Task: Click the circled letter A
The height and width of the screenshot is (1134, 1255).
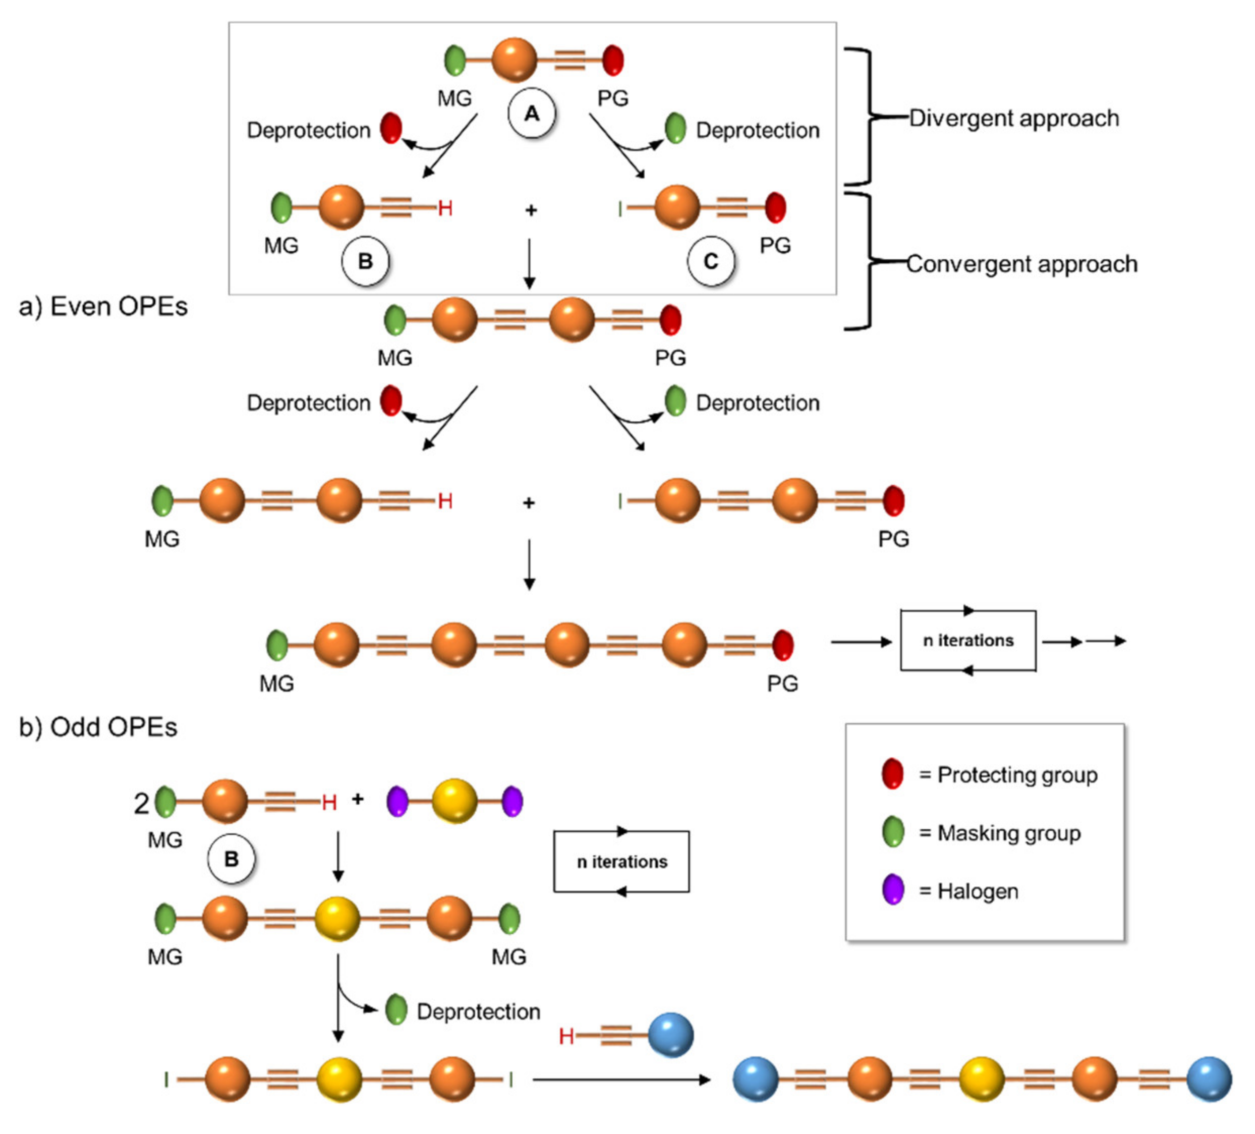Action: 531,114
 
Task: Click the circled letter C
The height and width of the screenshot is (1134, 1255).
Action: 710,261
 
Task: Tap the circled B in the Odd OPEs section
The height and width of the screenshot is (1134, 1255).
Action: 231,859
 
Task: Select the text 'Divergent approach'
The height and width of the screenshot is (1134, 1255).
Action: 1013,118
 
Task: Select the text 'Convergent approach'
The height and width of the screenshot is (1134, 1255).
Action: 1021,264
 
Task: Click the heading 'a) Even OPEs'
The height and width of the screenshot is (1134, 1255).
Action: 103,306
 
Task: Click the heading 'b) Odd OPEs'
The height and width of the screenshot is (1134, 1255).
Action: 98,727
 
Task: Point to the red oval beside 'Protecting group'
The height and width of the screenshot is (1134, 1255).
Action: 892,774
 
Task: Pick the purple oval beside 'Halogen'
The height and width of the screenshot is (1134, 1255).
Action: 892,889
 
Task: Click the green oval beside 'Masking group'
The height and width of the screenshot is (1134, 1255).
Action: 892,831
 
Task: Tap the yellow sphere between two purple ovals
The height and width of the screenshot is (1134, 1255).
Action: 454,801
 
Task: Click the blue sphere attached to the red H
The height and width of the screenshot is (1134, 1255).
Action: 670,1035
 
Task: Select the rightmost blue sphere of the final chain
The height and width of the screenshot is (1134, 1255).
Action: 1208,1079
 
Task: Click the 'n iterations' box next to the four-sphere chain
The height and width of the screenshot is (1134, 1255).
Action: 967,641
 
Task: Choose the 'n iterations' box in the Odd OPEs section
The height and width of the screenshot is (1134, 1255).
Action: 621,862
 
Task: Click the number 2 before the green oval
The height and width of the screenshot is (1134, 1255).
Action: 141,804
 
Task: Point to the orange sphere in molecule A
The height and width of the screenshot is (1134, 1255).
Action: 514,60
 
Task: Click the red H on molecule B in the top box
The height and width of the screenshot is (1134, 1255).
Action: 444,208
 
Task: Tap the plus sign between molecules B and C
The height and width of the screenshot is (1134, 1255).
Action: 530,210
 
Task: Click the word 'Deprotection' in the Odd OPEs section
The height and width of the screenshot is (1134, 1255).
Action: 478,1011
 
